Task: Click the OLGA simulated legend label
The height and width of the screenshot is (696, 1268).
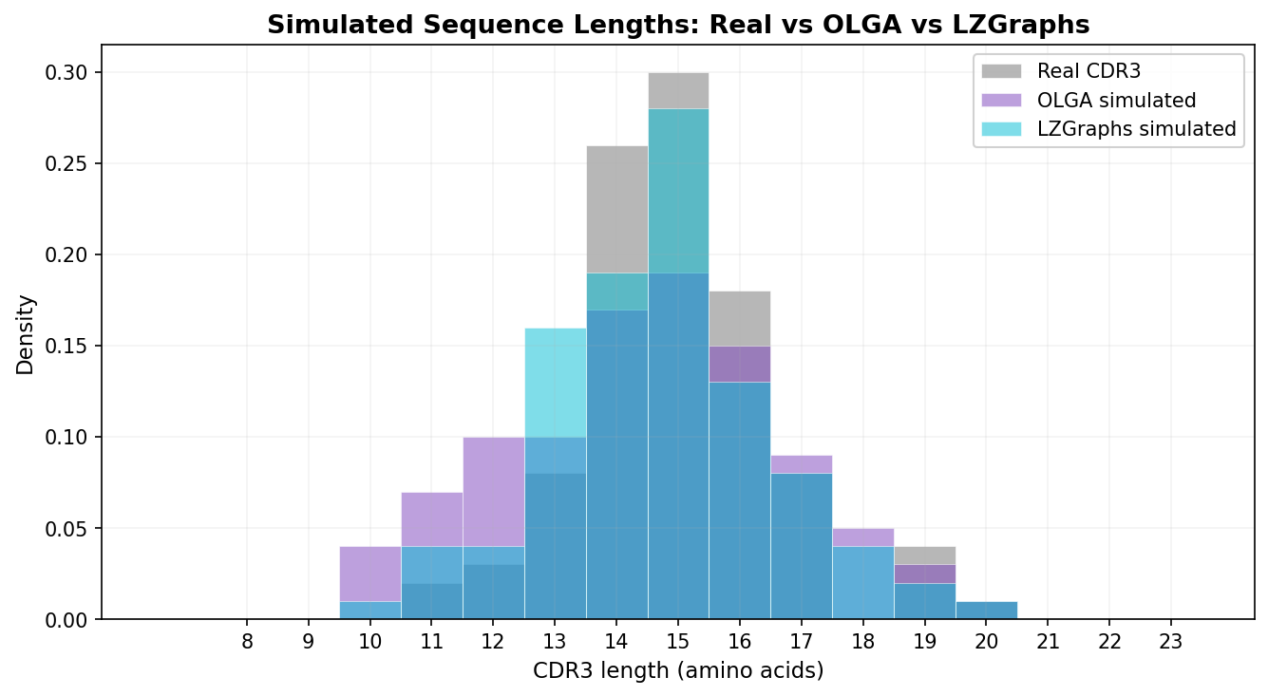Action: click(1116, 100)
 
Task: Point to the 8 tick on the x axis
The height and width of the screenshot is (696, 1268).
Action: click(247, 642)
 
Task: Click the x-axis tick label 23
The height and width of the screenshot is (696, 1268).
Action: click(1170, 642)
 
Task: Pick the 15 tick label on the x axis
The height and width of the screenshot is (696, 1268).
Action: click(678, 642)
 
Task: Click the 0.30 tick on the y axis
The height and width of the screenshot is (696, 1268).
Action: click(69, 73)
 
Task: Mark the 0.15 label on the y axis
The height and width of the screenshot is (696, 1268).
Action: click(69, 347)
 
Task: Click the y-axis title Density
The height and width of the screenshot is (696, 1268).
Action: click(26, 334)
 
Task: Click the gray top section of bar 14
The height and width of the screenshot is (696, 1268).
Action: click(617, 209)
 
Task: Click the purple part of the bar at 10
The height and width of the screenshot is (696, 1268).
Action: click(370, 574)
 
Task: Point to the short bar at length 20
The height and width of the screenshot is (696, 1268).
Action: click(986, 610)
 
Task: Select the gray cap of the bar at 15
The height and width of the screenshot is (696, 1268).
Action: click(678, 90)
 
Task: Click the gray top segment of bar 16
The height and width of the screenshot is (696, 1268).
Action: click(740, 318)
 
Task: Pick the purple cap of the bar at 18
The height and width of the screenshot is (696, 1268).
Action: click(863, 537)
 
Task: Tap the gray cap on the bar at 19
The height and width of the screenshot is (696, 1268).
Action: click(924, 555)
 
